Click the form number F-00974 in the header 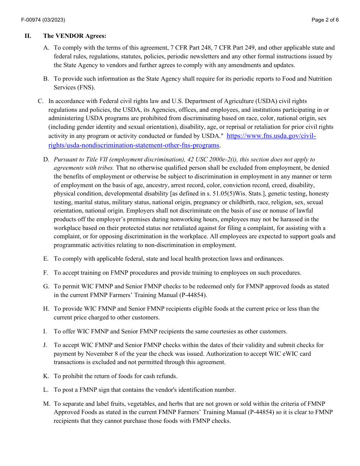point(30,20)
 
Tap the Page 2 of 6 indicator point(325,20)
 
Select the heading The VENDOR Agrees point(75,36)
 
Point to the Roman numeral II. point(28,36)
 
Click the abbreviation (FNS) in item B point(86,87)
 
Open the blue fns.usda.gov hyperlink point(271,136)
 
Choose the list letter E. point(46,259)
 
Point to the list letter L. point(46,390)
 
